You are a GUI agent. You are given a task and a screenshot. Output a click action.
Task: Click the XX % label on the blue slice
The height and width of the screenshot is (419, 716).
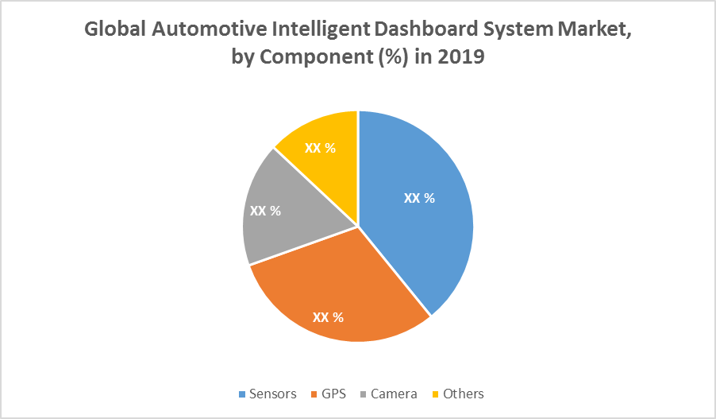click(419, 198)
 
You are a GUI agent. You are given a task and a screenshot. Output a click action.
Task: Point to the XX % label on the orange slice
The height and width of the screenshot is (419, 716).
click(328, 316)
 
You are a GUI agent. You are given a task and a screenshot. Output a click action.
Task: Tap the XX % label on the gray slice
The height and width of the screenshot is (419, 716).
click(265, 211)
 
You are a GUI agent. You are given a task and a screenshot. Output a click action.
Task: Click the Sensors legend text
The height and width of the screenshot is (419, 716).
click(272, 394)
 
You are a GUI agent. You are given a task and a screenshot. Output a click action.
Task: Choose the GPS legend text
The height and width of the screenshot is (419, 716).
click(334, 394)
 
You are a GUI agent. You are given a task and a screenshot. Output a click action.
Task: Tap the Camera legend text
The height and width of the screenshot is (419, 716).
click(394, 394)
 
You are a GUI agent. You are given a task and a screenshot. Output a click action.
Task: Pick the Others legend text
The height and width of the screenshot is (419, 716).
click(464, 394)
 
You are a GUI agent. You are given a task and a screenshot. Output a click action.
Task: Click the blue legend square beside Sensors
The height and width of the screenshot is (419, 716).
click(242, 394)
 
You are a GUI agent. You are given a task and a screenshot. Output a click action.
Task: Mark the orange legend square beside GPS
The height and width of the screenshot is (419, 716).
click(314, 394)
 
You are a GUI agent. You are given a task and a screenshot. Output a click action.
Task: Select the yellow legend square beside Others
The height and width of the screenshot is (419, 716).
click(435, 394)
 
